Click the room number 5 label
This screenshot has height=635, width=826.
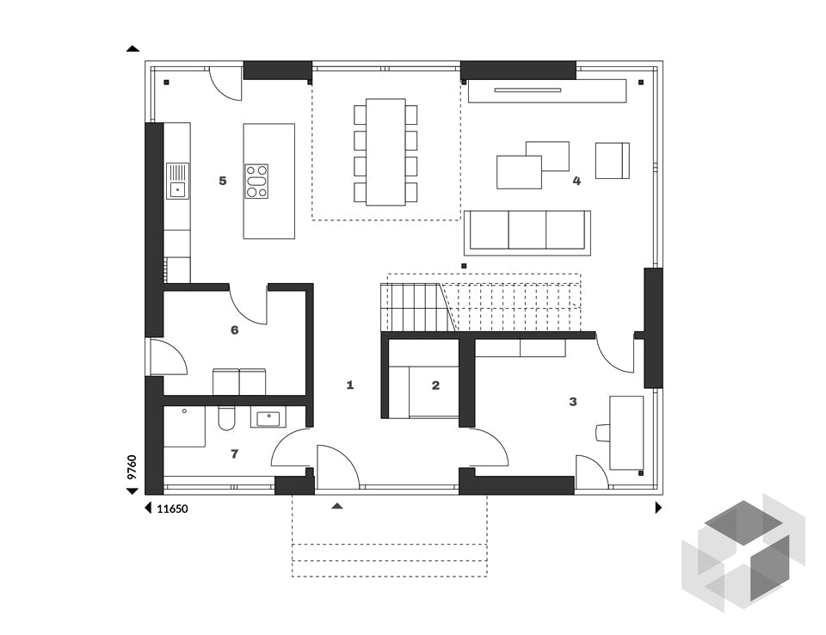tap(223, 181)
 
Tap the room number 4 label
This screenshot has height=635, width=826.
tap(576, 181)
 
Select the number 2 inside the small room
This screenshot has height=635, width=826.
tap(435, 385)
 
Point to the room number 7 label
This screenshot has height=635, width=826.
tap(234, 453)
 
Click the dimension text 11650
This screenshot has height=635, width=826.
tap(172, 509)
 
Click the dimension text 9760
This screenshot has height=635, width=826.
tap(132, 466)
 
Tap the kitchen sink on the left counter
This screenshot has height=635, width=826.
tap(177, 188)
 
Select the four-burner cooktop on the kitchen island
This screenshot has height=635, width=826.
tap(256, 181)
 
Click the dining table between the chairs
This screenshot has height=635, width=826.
tap(385, 152)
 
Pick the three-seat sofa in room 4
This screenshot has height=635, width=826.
tap(527, 231)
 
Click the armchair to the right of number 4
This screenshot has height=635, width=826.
tap(612, 161)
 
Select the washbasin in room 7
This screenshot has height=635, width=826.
tap(269, 418)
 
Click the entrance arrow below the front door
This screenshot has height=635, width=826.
tap(337, 507)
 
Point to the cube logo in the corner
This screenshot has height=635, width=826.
tap(743, 551)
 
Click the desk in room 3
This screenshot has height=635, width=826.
tap(626, 432)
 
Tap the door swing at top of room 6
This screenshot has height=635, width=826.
tap(247, 305)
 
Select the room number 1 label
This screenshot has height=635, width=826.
tap(350, 385)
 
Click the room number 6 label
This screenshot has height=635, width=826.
tap(234, 330)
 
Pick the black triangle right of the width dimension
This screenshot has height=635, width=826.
tap(659, 509)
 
